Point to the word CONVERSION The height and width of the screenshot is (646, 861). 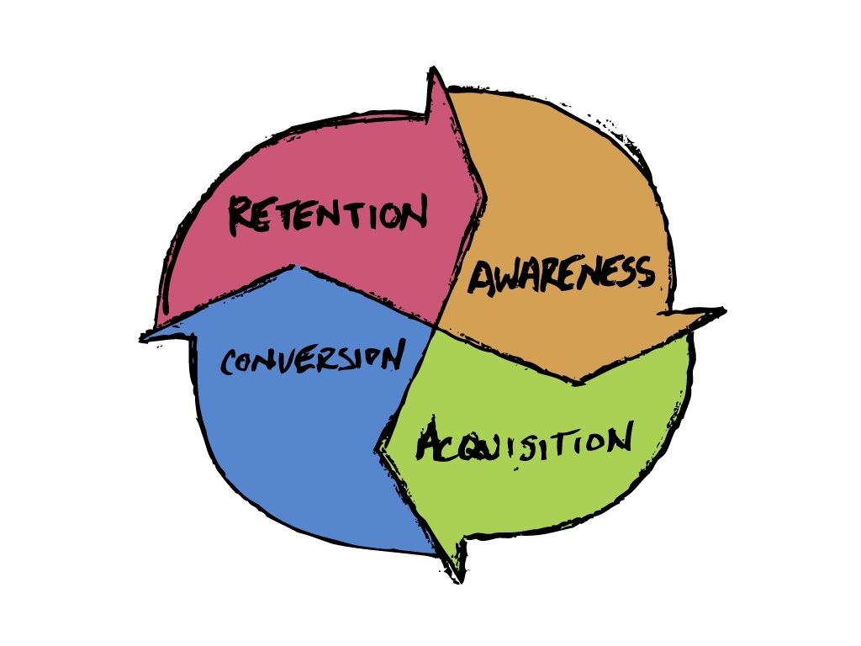[309, 359]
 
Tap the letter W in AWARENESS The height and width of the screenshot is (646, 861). [507, 276]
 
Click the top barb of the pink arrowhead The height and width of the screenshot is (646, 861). [434, 71]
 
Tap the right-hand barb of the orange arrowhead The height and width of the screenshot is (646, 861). [723, 311]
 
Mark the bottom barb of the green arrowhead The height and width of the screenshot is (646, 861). [460, 580]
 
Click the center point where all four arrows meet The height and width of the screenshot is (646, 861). [436, 326]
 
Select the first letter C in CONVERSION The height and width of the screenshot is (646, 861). [229, 364]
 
